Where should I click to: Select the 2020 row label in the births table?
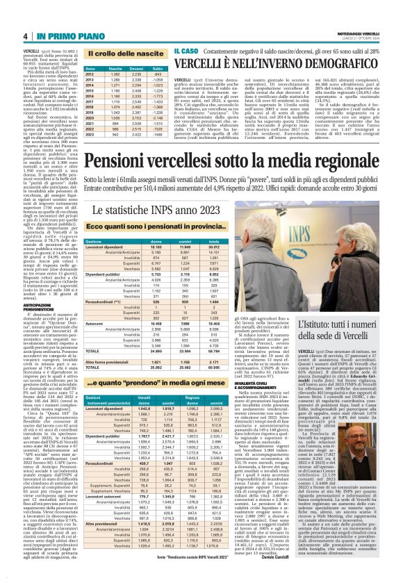90,117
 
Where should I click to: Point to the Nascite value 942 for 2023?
114,135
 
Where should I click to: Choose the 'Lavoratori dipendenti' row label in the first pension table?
104,247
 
